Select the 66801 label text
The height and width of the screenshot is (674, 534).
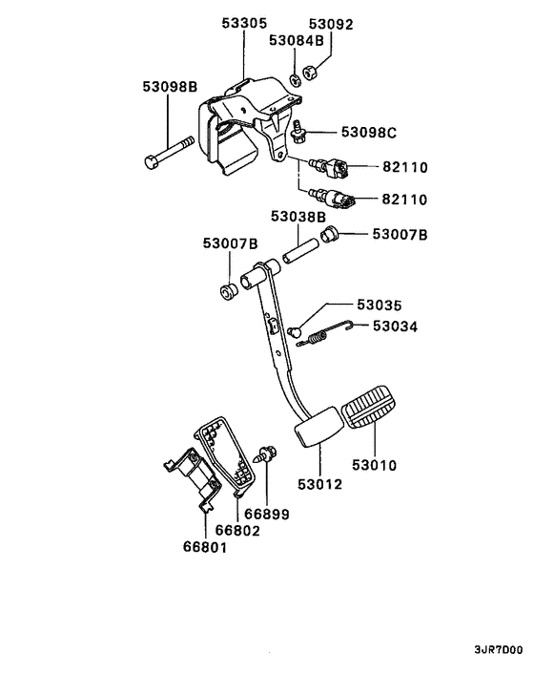point(207,547)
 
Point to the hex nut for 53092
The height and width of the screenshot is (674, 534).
point(311,72)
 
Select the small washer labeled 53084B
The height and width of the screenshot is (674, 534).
point(295,78)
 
